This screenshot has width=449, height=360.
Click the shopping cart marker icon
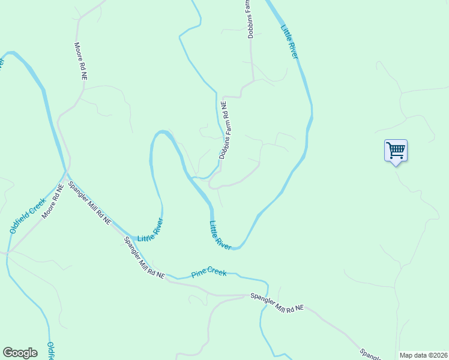[396, 149]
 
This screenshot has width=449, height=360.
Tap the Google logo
[20, 353]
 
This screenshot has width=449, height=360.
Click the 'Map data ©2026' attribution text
[423, 355]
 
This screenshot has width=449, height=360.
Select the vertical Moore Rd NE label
[80, 61]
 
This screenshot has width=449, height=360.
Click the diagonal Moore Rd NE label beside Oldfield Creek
[52, 202]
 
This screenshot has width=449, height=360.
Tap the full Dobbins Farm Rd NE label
[224, 130]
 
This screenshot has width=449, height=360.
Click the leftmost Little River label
[150, 230]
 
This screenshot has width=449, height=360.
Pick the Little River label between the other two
[220, 236]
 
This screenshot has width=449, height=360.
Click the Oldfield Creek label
[28, 215]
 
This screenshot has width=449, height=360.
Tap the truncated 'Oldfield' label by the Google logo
[50, 350]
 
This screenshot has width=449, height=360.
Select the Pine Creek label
[209, 272]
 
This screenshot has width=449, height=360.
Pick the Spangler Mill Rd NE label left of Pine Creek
[143, 258]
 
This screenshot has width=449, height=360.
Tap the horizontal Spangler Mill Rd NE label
[277, 302]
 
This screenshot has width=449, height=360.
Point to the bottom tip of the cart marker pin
[396, 165]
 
